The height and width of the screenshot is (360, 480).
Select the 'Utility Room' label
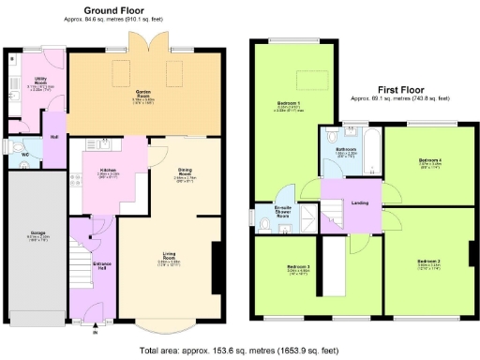click(x=41, y=81)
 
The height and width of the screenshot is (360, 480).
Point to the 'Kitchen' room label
click(x=109, y=170)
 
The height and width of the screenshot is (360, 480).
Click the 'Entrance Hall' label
click(x=102, y=266)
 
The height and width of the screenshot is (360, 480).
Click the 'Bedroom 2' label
click(x=428, y=260)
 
